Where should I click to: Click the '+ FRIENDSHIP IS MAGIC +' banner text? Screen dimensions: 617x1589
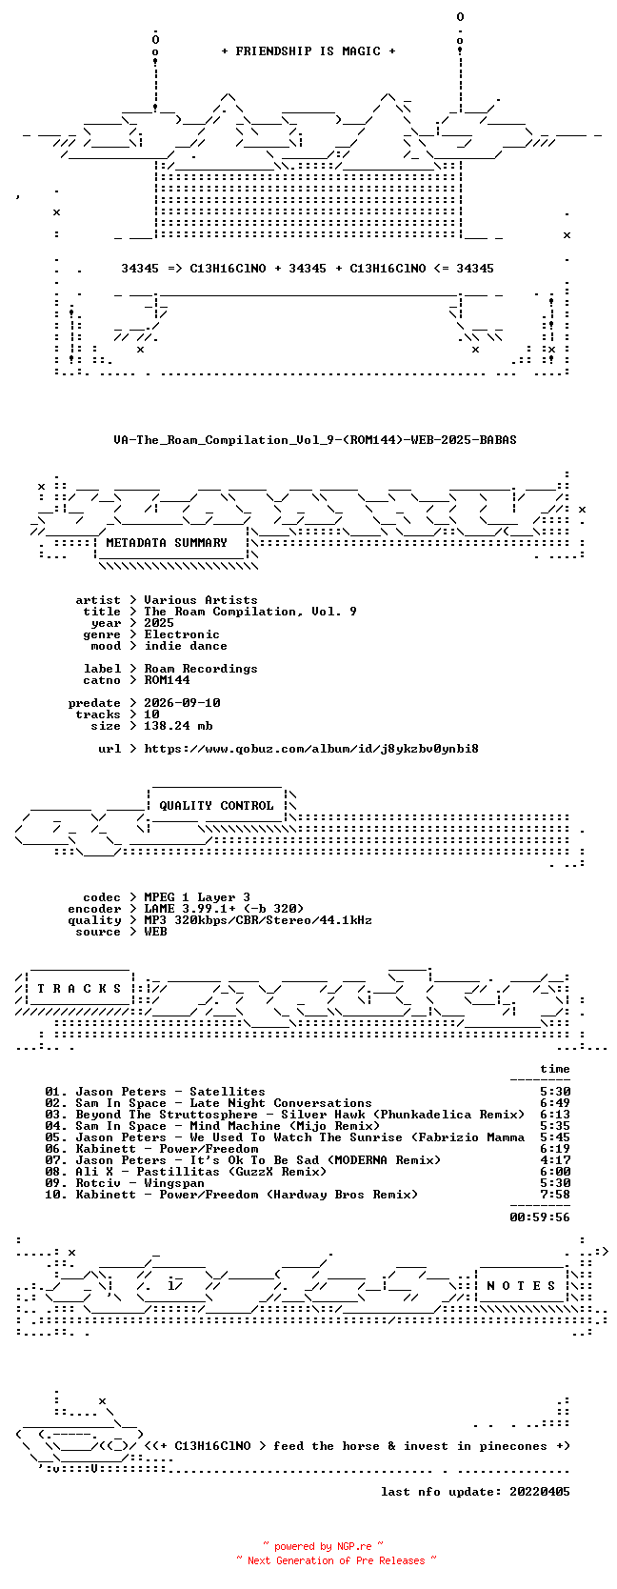tap(308, 51)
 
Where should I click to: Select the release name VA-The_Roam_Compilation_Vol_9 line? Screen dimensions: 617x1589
tap(315, 440)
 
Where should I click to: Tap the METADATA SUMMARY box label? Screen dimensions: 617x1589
tap(167, 543)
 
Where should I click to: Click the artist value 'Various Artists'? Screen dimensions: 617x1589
tap(201, 600)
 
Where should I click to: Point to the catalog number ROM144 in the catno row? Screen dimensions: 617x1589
tap(167, 679)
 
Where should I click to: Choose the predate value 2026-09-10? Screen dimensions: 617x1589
tap(182, 702)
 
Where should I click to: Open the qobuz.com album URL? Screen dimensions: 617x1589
tap(311, 749)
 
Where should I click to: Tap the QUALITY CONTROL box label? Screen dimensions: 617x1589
tap(216, 805)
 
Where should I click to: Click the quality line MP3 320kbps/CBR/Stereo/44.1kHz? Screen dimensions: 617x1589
tap(258, 920)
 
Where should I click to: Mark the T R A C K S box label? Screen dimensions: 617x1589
tap(79, 988)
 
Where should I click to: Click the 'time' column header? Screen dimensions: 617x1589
tap(554, 1068)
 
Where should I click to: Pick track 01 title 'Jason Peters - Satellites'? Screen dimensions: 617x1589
tap(170, 1092)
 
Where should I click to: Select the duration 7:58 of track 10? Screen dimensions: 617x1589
tap(554, 1194)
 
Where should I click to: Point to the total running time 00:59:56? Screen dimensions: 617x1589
tap(540, 1217)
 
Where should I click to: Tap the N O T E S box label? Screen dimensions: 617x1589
tap(521, 1285)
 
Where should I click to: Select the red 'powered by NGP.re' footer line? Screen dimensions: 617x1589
tap(323, 1546)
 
